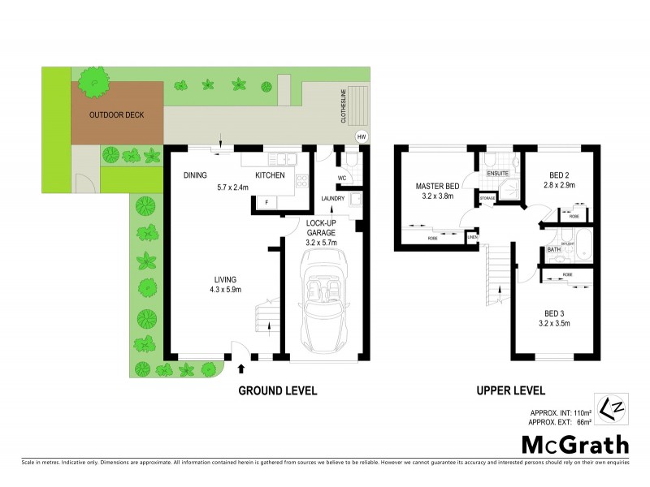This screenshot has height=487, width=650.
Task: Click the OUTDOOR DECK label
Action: [116, 114]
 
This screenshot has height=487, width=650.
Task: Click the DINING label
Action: [195, 175]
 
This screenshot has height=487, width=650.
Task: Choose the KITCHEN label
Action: [271, 175]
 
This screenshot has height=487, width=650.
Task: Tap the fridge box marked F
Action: [266, 200]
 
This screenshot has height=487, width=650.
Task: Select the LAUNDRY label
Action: [333, 198]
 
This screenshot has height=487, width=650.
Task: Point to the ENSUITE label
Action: [497, 174]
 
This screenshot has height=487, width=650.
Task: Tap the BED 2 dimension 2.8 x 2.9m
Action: [558, 185]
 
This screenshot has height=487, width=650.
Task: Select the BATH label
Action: [553, 249]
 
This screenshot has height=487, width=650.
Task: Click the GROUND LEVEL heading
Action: [277, 391]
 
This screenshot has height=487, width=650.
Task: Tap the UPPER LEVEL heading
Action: [510, 391]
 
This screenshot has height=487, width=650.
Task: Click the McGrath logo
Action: [574, 444]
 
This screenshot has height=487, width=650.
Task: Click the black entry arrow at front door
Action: [240, 368]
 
